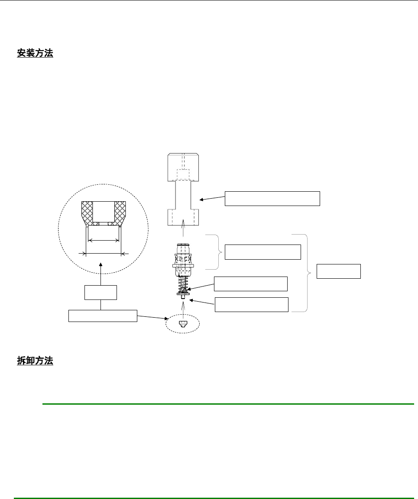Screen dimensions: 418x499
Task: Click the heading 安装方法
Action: point(35,53)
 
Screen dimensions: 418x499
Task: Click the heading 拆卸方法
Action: point(35,361)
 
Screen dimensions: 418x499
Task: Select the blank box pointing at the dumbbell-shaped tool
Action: point(272,198)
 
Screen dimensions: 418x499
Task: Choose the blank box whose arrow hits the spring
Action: point(250,283)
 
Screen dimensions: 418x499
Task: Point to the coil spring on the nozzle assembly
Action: point(183,284)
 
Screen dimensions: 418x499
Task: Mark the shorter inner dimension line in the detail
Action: point(104,240)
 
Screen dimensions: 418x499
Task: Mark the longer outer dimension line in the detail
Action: point(104,253)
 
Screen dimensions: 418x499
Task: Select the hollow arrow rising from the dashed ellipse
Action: point(183,309)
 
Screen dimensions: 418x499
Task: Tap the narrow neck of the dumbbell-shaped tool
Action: point(183,195)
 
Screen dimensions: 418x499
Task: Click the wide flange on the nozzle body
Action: point(183,262)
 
